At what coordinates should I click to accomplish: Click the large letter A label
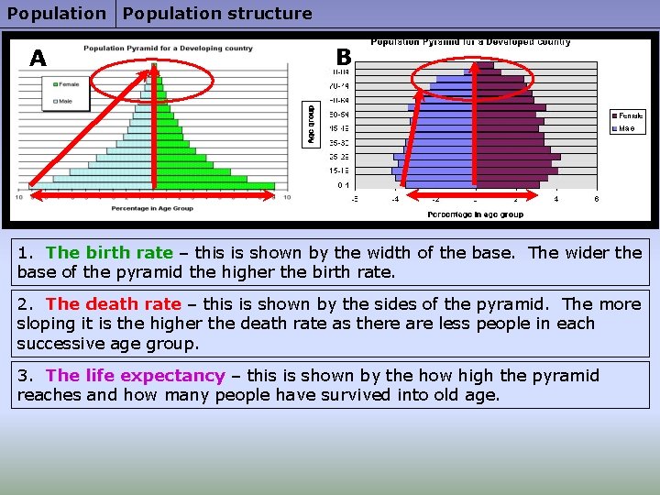[38, 59]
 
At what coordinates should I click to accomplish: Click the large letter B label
[344, 57]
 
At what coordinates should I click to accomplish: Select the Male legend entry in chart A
[66, 101]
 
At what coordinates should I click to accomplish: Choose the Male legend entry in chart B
[627, 128]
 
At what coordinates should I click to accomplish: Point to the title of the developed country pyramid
[470, 41]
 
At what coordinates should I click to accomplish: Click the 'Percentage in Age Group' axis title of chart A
[151, 208]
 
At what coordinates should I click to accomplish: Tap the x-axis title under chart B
[475, 214]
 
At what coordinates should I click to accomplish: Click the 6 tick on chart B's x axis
[597, 198]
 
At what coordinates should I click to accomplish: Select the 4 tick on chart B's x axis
[556, 198]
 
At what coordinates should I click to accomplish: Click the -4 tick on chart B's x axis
[394, 198]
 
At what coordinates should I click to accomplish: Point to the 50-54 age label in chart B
[340, 114]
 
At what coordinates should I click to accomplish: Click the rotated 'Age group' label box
[311, 123]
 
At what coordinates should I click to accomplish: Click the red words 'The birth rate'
[109, 253]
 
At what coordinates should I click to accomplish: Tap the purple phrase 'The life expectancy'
[135, 376]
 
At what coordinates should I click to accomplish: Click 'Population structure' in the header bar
[217, 14]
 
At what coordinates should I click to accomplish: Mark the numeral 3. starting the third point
[26, 376]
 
